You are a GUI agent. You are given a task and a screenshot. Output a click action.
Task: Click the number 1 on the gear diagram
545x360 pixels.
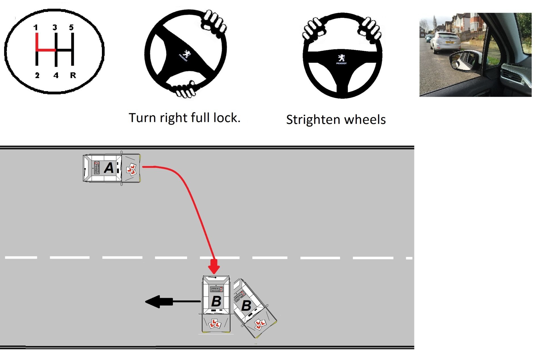[35, 28]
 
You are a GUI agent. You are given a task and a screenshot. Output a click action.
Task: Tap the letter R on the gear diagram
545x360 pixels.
[73, 76]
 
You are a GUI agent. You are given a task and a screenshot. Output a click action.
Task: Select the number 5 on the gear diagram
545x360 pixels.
[71, 28]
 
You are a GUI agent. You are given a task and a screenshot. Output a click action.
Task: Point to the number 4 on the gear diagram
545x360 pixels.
[56, 76]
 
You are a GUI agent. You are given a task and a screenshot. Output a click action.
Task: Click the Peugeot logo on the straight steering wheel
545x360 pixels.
[341, 59]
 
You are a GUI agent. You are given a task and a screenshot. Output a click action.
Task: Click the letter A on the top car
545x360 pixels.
[109, 168]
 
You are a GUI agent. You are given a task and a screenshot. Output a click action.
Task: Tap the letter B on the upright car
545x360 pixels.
[216, 301]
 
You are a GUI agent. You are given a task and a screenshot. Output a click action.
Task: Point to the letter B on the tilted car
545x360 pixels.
[246, 306]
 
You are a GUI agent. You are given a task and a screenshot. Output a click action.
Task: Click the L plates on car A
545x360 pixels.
[131, 169]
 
